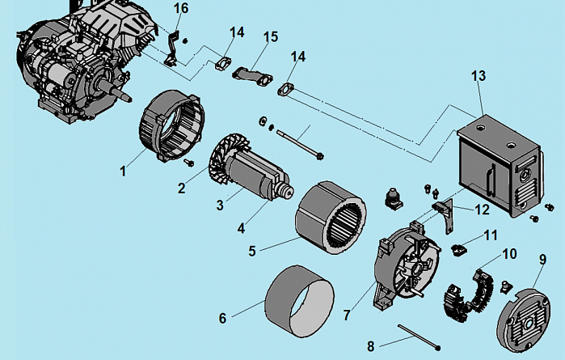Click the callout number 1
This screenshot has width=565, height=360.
[122, 171]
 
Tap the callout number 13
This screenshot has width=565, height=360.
[479, 75]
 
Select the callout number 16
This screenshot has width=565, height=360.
[181, 8]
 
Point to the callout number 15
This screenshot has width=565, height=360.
[271, 37]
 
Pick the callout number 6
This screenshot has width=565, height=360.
[223, 318]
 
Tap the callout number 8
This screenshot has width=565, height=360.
[371, 346]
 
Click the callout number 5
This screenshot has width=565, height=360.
[252, 251]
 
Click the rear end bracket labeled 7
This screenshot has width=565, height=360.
[405, 267]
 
